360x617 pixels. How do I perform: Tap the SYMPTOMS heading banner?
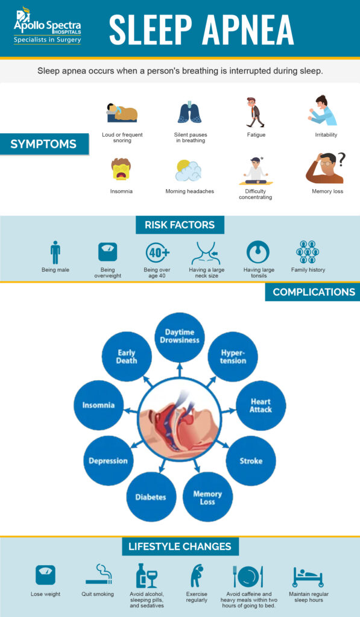click(43, 144)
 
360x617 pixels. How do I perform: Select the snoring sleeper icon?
click(122, 112)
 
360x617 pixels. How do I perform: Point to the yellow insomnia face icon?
click(121, 170)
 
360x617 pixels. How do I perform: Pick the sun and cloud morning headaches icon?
click(188, 171)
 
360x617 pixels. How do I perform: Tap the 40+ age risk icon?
click(157, 252)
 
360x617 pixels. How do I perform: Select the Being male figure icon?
click(55, 252)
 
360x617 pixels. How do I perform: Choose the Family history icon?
click(308, 252)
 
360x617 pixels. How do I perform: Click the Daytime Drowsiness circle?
click(180, 337)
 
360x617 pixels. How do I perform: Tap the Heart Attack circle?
click(261, 406)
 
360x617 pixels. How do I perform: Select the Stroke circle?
click(251, 461)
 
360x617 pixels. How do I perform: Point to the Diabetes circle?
click(151, 497)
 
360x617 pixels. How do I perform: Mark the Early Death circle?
click(127, 357)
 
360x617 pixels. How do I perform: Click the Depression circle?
click(108, 461)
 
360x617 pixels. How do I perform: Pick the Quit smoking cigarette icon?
click(99, 575)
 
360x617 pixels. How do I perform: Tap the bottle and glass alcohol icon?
click(146, 575)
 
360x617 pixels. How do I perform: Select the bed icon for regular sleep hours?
click(308, 577)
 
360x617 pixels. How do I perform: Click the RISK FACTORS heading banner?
click(180, 225)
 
